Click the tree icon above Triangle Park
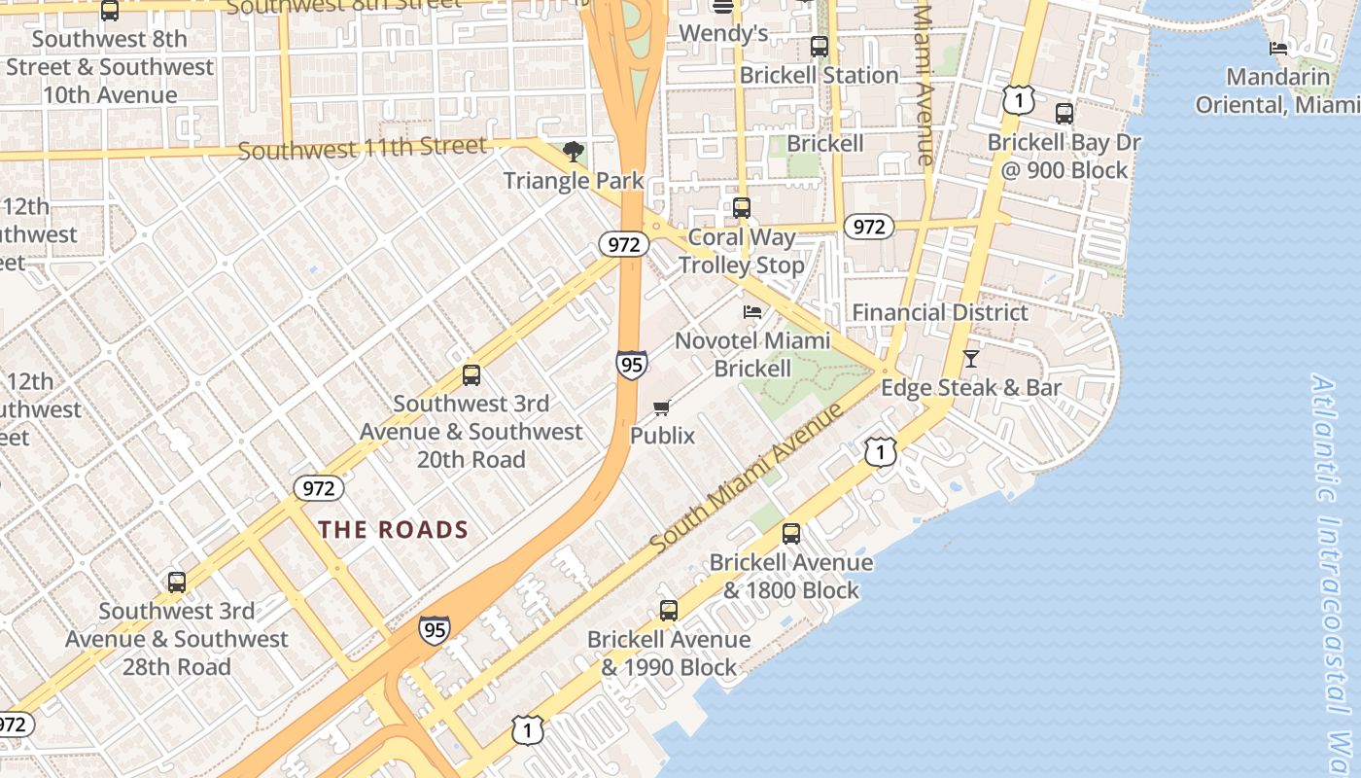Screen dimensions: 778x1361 pos(574,151)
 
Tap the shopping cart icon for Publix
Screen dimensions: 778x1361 pos(662,407)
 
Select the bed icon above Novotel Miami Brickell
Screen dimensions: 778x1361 pos(752,312)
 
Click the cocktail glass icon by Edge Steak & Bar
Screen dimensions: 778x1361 pos(970,359)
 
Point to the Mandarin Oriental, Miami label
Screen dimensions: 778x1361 pos(1276,90)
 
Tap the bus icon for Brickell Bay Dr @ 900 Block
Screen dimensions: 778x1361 pos(1064,114)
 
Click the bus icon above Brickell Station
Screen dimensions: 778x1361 pos(820,47)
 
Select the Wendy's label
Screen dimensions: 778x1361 pos(723,33)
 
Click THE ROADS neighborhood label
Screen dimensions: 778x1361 pos(394,530)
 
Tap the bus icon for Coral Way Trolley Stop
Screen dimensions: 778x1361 pos(742,207)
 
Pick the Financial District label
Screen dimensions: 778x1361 pos(940,312)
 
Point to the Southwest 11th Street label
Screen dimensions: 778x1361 pos(363,149)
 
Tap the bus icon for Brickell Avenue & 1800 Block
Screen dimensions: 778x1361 pos(791,533)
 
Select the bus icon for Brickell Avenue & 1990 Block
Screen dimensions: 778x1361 pos(669,611)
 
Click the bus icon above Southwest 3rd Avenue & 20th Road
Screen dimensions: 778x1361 pos(471,374)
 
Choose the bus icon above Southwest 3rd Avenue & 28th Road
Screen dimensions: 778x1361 pos(177,583)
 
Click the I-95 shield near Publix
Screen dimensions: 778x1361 pos(631,365)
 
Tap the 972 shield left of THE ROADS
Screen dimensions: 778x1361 pos(318,487)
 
